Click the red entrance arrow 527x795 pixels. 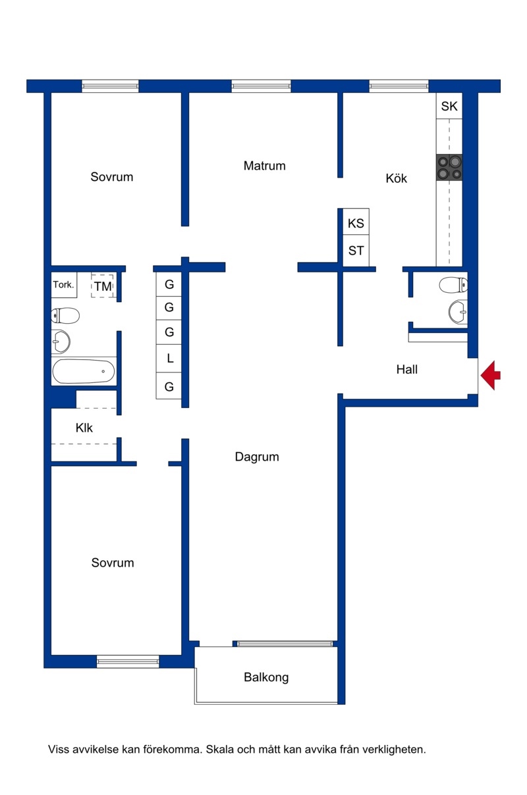[491, 375]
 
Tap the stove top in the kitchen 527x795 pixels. [449, 167]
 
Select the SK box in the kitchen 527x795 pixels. [449, 106]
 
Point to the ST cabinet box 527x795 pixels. [356, 251]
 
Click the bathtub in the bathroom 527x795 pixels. [84, 371]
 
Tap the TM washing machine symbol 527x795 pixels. [103, 286]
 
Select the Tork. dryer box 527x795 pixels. [64, 285]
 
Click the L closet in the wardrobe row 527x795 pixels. [169, 359]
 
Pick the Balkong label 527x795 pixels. [266, 677]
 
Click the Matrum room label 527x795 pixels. [264, 166]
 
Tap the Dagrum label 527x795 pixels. [257, 457]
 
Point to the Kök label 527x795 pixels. [396, 178]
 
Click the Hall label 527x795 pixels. [407, 369]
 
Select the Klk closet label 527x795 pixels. [84, 428]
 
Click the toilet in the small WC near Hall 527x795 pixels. [453, 285]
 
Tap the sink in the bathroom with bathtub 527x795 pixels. [61, 342]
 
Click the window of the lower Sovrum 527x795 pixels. [128, 661]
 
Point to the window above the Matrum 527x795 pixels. [261, 86]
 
